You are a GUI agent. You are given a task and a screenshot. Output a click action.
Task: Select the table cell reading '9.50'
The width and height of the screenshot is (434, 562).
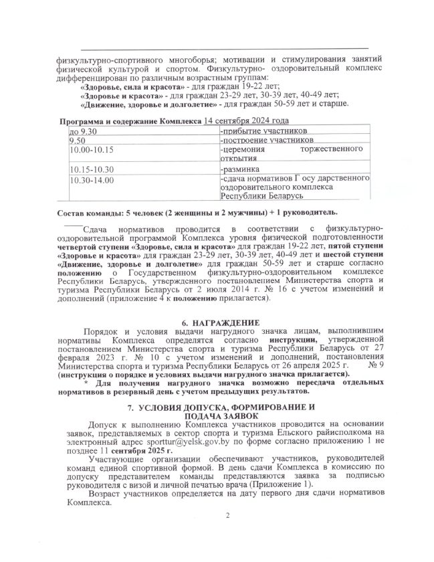[78, 141]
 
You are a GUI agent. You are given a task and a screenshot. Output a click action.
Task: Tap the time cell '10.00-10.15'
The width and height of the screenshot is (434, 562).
[92, 151]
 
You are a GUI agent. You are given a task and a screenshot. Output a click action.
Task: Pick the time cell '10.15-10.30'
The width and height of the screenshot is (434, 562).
[92, 169]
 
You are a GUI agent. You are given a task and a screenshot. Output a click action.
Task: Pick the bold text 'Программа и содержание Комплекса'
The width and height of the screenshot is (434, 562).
[130, 122]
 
